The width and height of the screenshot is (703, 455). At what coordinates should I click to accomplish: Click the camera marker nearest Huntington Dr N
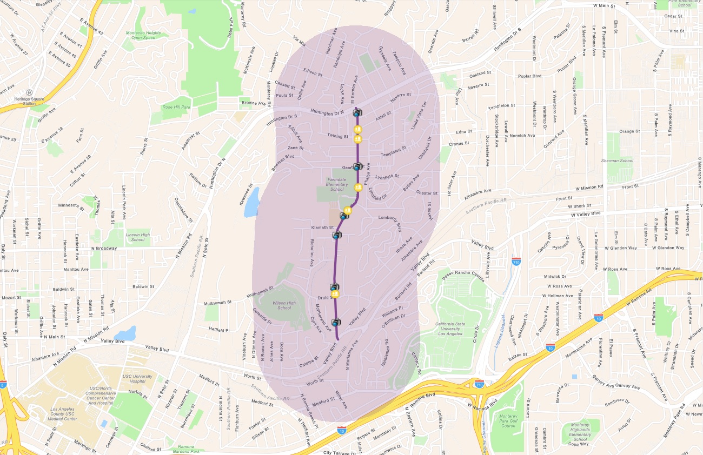[357, 112]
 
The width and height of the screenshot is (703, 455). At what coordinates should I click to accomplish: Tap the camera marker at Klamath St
[337, 235]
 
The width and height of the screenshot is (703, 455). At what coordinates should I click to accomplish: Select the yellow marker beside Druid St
[335, 294]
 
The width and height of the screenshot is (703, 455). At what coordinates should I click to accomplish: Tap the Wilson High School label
[284, 305]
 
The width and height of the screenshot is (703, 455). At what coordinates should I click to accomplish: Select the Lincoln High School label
[138, 237]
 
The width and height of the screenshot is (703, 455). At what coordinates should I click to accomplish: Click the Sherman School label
[617, 160]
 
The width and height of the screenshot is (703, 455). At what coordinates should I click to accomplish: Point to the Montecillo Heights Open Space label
[144, 35]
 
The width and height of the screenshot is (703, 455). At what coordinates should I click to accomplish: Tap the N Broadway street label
[104, 248]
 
